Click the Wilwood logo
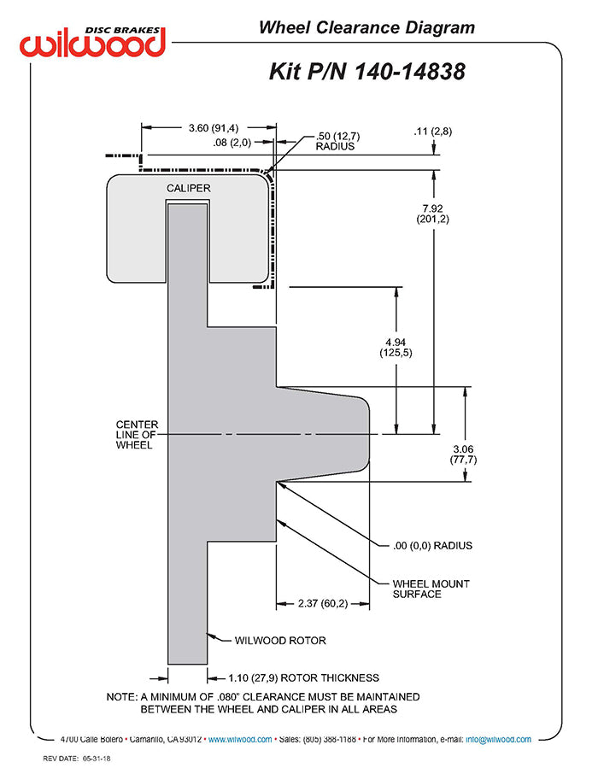tap(92, 42)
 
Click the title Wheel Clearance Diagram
tap(366, 27)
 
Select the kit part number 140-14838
tap(410, 72)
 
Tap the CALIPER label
tap(188, 188)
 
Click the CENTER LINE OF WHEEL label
tap(138, 434)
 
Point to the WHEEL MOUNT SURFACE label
tap(431, 589)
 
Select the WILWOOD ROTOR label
tap(280, 641)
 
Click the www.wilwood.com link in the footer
tap(240, 739)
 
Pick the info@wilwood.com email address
tap(498, 739)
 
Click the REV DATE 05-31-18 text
tap(77, 759)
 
